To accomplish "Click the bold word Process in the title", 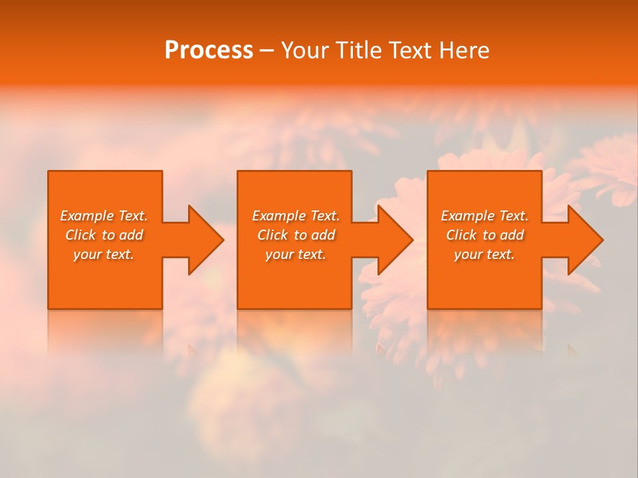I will click(209, 50).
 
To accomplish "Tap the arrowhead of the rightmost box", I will click(584, 240).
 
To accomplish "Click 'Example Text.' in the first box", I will click(104, 216).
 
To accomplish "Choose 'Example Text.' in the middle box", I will click(296, 216).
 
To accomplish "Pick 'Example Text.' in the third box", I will click(484, 216).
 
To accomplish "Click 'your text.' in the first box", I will click(104, 254).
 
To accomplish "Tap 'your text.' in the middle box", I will click(296, 254).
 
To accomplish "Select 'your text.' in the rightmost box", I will click(484, 254).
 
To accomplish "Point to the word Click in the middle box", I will click(272, 235).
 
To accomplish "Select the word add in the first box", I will click(130, 235).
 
